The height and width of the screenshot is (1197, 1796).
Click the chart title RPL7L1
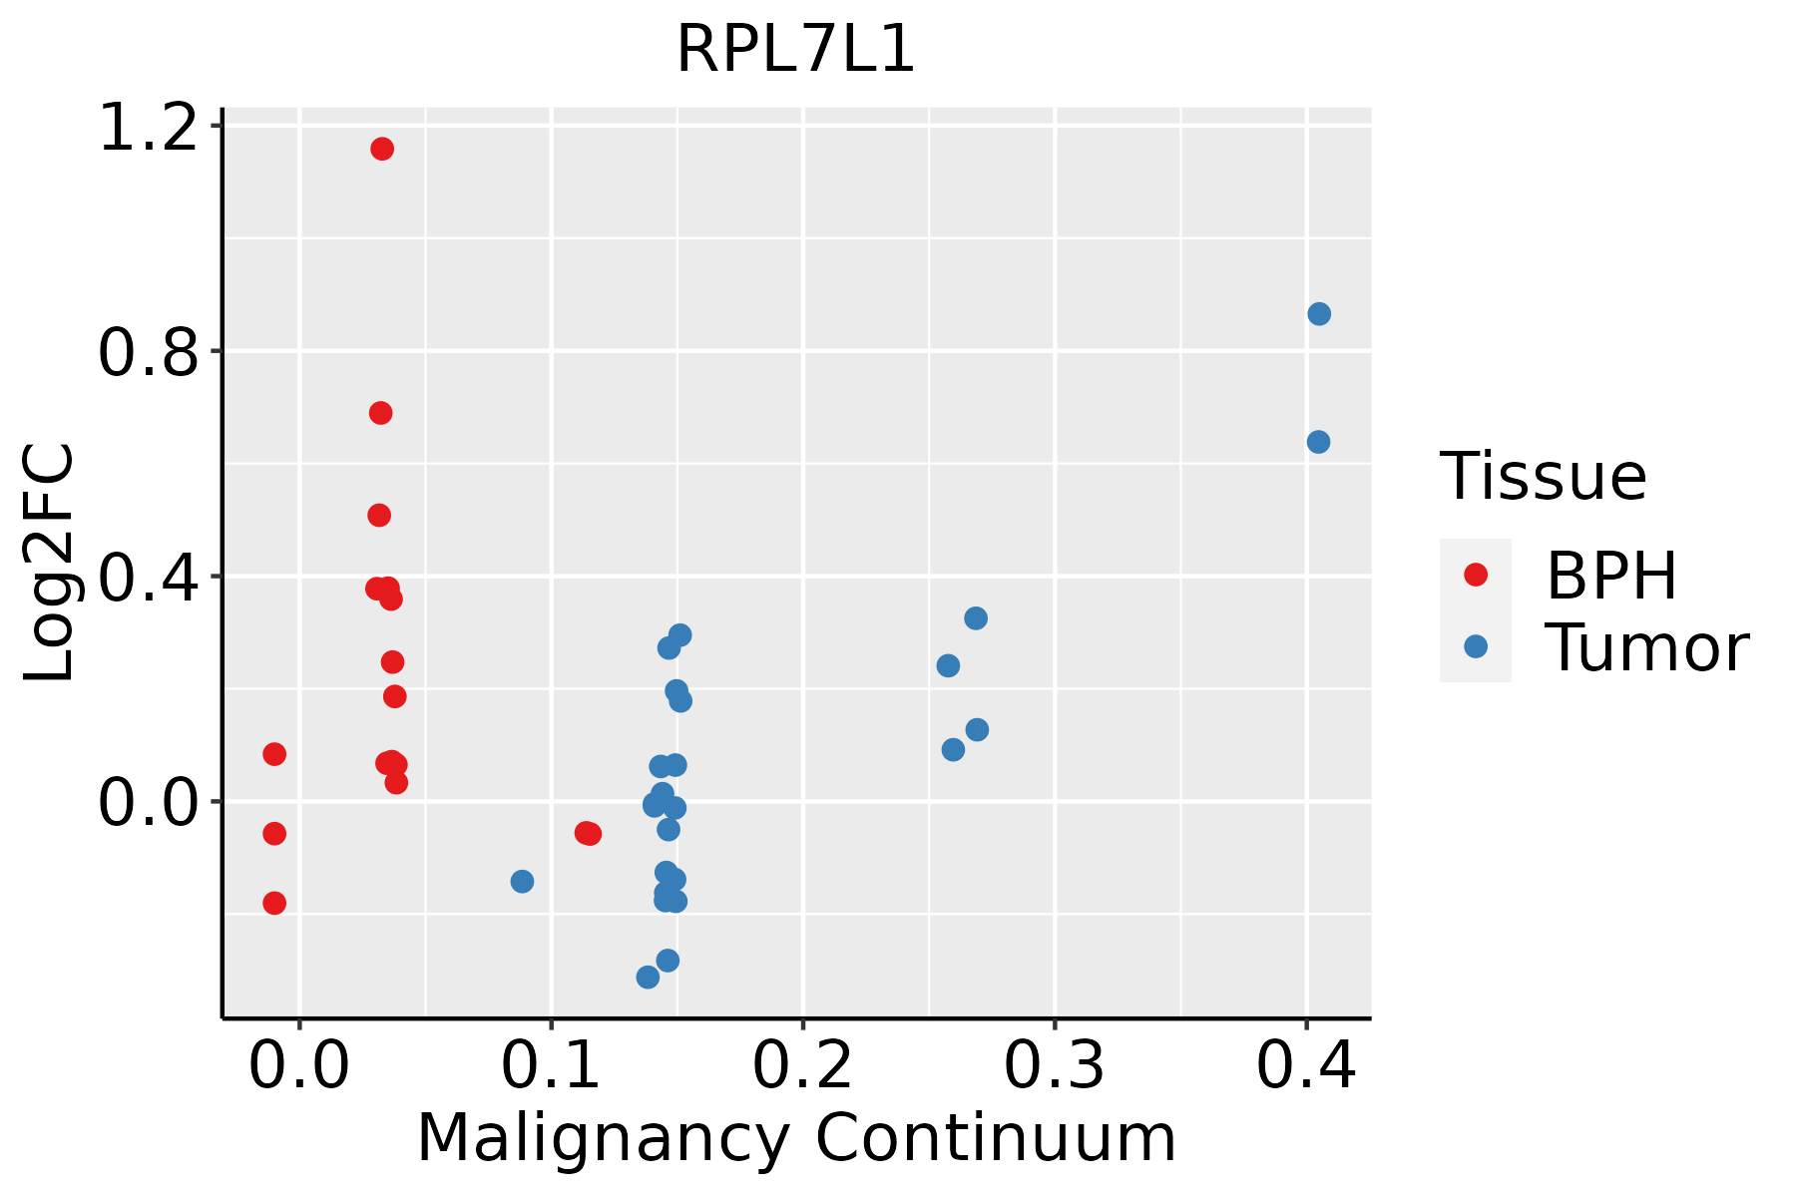click(795, 50)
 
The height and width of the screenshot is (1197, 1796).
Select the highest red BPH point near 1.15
click(382, 149)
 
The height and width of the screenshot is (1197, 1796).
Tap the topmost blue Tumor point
click(1319, 314)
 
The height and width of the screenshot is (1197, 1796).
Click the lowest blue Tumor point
click(649, 977)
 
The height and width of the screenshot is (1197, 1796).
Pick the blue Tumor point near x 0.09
click(522, 881)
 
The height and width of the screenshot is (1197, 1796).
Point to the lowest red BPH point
click(274, 903)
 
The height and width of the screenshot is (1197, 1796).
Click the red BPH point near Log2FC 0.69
click(381, 413)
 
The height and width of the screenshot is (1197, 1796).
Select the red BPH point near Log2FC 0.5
click(379, 515)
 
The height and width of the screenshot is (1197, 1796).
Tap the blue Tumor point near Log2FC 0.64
click(1318, 442)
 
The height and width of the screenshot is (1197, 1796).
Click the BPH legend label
click(1611, 576)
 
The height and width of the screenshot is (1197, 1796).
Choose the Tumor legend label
click(1646, 648)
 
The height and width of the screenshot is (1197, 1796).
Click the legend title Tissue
click(1544, 477)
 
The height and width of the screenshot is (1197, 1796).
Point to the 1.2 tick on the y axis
click(148, 128)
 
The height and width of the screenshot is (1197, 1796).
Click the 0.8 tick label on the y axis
click(148, 353)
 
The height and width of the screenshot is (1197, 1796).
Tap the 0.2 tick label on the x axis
click(802, 1065)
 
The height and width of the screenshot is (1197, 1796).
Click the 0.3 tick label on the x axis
click(1054, 1065)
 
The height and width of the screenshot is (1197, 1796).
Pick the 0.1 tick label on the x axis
click(551, 1065)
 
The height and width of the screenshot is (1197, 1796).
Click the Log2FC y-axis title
click(50, 564)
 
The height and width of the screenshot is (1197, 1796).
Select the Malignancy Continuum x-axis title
click(796, 1137)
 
